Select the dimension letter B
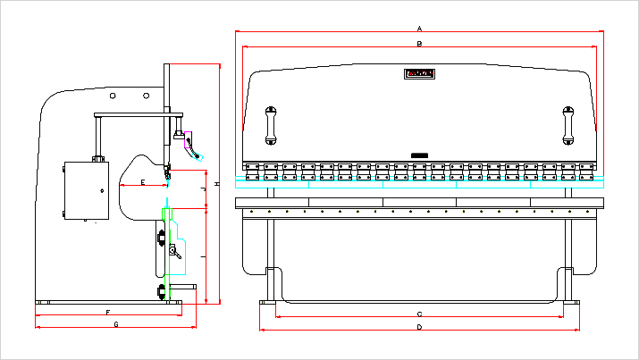click(419, 43)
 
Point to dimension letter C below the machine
click(419, 314)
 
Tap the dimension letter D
click(419, 327)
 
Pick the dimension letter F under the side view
click(107, 312)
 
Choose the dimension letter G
click(116, 324)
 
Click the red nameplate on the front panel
click(420, 73)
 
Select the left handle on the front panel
click(271, 125)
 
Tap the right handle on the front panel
click(567, 125)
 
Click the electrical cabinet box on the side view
click(86, 189)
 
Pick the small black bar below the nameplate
click(420, 155)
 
